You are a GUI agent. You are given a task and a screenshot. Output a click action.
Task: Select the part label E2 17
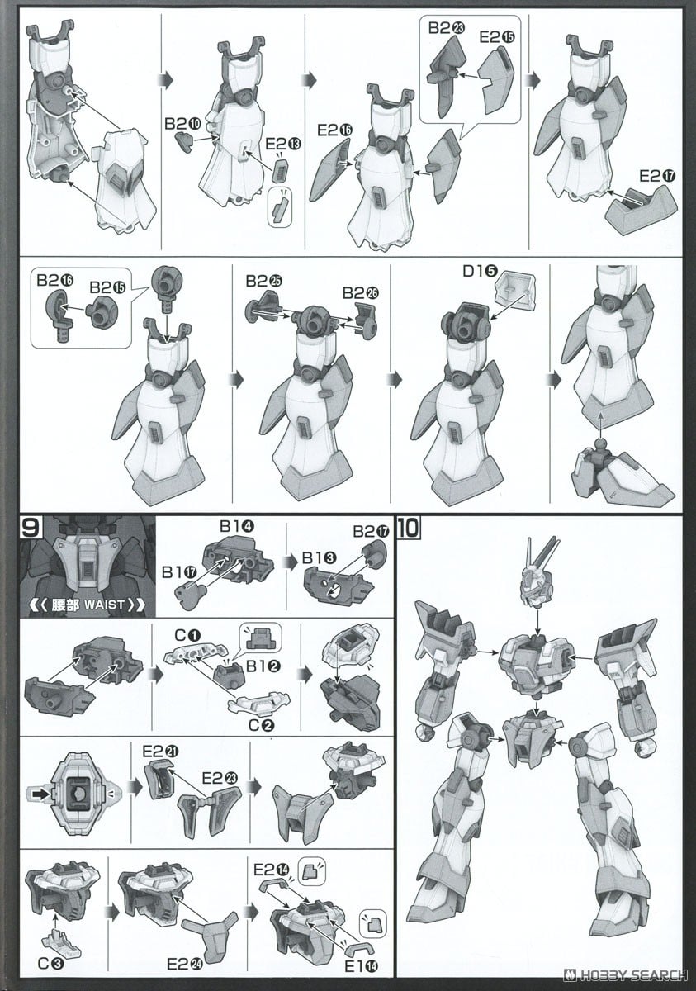coord(656,176)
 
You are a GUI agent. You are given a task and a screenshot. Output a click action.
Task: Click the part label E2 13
coord(284,143)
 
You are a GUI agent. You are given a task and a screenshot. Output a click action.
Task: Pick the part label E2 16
coord(334,130)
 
